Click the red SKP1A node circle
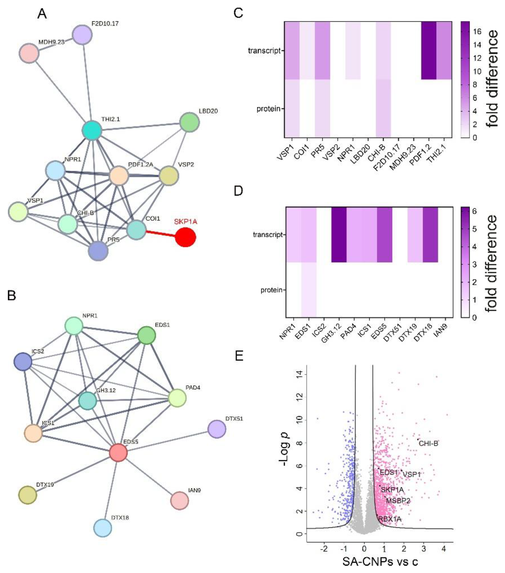[x=185, y=237]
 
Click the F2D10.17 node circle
[x=82, y=35]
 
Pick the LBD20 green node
[x=190, y=122]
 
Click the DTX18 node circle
[x=103, y=528]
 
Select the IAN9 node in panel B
[x=180, y=500]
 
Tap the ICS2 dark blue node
[x=23, y=362]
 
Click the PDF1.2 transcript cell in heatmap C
[x=429, y=51]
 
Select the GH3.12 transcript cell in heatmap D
[x=339, y=235]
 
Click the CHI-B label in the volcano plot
[x=428, y=443]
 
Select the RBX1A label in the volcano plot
[x=390, y=519]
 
